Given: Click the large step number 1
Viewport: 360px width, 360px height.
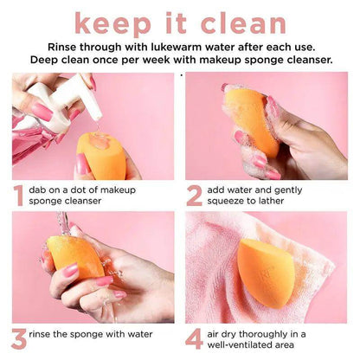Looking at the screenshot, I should [18, 196].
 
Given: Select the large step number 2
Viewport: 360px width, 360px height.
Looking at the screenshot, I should [195, 196].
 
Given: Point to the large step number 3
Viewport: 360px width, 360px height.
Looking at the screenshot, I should [18, 337].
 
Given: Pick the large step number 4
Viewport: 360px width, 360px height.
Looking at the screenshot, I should [195, 337].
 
